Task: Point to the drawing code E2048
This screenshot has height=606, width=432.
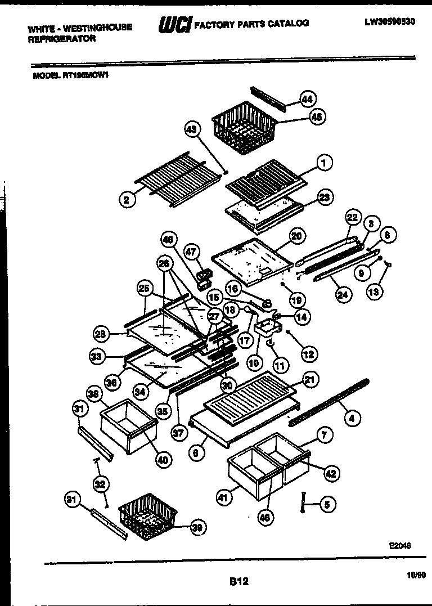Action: tap(400, 545)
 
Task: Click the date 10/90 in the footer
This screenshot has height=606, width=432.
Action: tap(415, 574)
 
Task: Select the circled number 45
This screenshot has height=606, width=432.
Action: tap(317, 117)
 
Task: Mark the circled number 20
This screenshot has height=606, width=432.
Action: tap(296, 236)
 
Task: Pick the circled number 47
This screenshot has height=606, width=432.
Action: tap(192, 252)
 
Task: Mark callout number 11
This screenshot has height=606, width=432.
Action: tap(280, 365)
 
